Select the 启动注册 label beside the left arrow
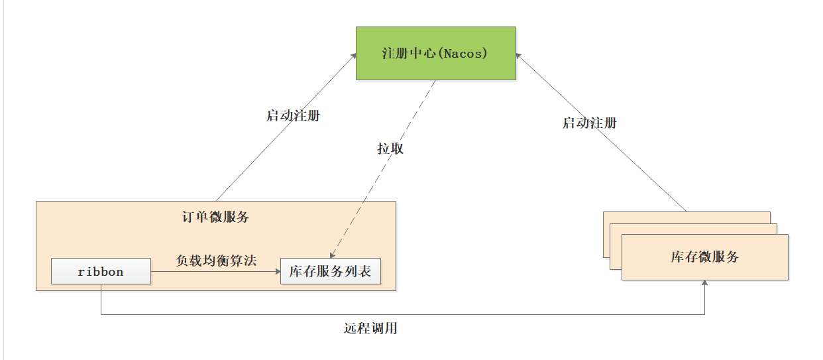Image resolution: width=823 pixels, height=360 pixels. (x=292, y=116)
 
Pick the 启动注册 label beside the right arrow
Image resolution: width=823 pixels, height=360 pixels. (x=589, y=123)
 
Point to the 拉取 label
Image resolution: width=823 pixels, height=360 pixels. (x=390, y=149)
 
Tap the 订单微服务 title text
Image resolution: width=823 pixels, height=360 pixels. (x=215, y=217)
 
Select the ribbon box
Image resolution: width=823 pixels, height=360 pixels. (x=101, y=272)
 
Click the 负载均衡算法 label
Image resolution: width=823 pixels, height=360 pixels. (x=216, y=261)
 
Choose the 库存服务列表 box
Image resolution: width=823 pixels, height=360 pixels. (x=330, y=272)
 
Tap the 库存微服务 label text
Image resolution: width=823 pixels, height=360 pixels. (x=704, y=257)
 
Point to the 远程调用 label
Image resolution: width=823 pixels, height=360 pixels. (x=370, y=328)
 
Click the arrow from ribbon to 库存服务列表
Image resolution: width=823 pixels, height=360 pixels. (x=216, y=271)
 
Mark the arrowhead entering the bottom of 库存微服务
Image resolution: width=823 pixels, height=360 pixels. (x=704, y=283)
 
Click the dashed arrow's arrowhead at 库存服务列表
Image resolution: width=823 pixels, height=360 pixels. (x=331, y=255)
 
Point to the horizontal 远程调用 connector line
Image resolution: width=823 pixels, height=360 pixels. (x=398, y=314)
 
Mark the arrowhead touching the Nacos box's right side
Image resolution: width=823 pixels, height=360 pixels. (x=519, y=57)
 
